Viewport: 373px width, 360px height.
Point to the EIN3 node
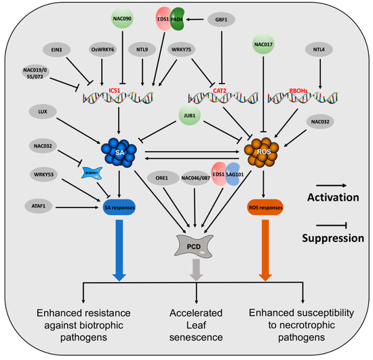(x=52, y=49)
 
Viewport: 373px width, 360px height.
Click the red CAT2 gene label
(x=216, y=88)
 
